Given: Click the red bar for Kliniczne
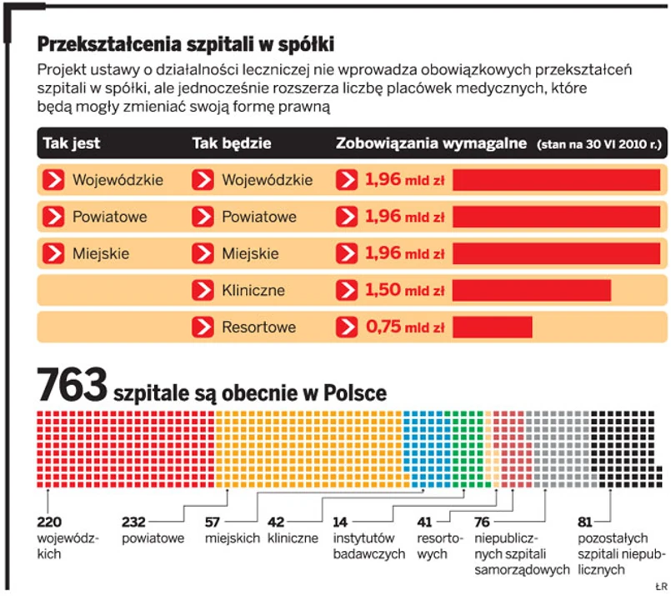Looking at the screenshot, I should [532, 290].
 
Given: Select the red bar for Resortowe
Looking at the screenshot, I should [493, 327].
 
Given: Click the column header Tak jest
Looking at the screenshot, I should [71, 143].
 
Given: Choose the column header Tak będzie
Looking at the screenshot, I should [232, 143].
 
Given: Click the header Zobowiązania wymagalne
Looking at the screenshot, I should [431, 143].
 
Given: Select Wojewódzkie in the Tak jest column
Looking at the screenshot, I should [118, 179].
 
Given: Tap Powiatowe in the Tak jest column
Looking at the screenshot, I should [109, 217].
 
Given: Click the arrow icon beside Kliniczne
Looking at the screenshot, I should [203, 290].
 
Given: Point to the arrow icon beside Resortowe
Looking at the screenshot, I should [203, 327].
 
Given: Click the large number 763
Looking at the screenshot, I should [72, 387].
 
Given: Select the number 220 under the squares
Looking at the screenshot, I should [49, 522].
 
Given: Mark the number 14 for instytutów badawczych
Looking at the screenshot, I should [340, 522].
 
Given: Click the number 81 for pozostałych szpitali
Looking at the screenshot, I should [584, 522].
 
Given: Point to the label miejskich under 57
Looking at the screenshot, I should [233, 538].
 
